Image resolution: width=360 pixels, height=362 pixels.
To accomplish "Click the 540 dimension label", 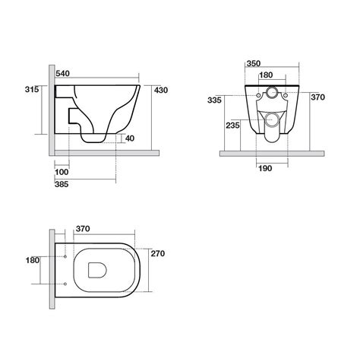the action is [x=62, y=74].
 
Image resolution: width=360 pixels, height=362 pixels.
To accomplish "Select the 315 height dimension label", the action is [x=32, y=89].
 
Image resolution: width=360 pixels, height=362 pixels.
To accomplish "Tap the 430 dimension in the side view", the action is [x=161, y=90].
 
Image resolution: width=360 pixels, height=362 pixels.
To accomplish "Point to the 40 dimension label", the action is [x=130, y=138].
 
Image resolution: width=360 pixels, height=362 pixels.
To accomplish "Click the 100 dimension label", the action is [x=62, y=172].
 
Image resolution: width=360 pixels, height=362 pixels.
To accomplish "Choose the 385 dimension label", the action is [x=62, y=184].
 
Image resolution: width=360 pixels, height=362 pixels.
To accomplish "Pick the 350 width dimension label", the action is [x=254, y=63].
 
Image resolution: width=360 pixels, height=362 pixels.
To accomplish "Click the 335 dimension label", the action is [x=214, y=100].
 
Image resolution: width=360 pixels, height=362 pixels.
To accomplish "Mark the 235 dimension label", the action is [x=232, y=125].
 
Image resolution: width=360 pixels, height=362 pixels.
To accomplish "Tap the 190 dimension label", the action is [x=265, y=168].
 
